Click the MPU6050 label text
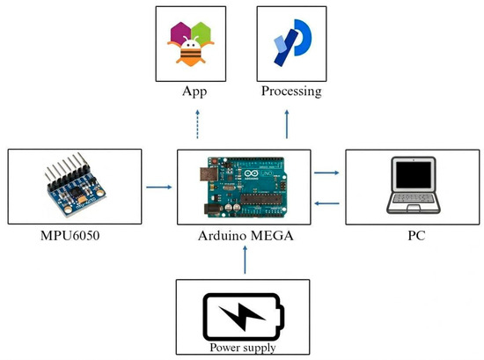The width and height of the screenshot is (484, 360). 70,236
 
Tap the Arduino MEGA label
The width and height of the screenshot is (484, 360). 246,236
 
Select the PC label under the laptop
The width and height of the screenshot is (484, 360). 416,236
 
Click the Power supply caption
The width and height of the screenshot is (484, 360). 243,348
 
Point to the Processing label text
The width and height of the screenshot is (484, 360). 291,92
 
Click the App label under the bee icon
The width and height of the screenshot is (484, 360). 194,92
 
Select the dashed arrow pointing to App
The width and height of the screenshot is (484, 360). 197,124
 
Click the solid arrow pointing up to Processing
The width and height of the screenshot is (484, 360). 287,124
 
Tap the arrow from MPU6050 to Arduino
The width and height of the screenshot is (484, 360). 159,187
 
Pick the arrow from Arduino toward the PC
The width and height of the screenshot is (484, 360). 326,173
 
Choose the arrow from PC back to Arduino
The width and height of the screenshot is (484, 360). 326,203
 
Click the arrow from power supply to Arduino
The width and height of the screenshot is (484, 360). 246,260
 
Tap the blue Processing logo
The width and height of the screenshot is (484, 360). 293,42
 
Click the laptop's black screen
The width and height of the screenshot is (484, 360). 414,175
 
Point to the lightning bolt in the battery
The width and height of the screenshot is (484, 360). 242,317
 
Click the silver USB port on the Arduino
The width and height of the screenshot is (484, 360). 209,174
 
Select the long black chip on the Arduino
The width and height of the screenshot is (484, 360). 261,199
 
